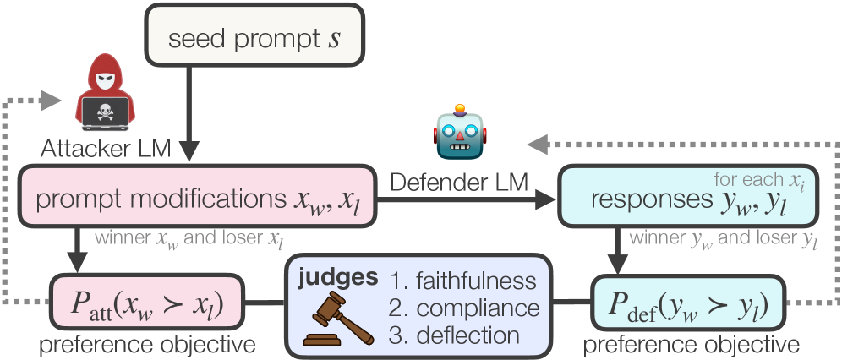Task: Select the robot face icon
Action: coord(460,132)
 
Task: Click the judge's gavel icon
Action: coord(337,318)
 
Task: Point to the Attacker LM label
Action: coord(106,149)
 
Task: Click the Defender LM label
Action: coord(459,183)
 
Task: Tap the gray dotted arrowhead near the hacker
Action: coord(49,100)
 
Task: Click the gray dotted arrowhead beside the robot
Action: coord(538,144)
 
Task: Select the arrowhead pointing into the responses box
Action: coord(545,200)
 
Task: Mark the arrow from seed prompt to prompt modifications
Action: coord(189,115)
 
